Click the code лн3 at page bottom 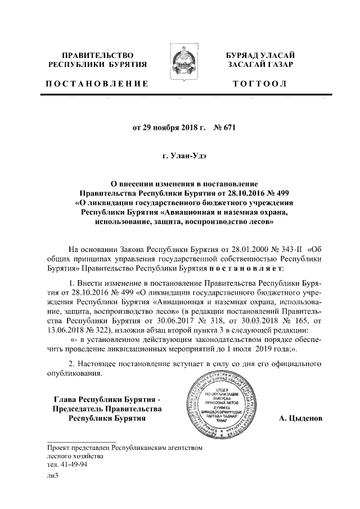(53, 476)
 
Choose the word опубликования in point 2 (74, 373)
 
